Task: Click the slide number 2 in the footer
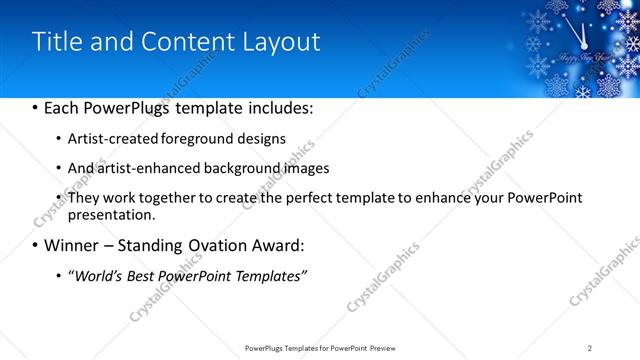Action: (x=590, y=347)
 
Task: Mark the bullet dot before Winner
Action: (x=36, y=246)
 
